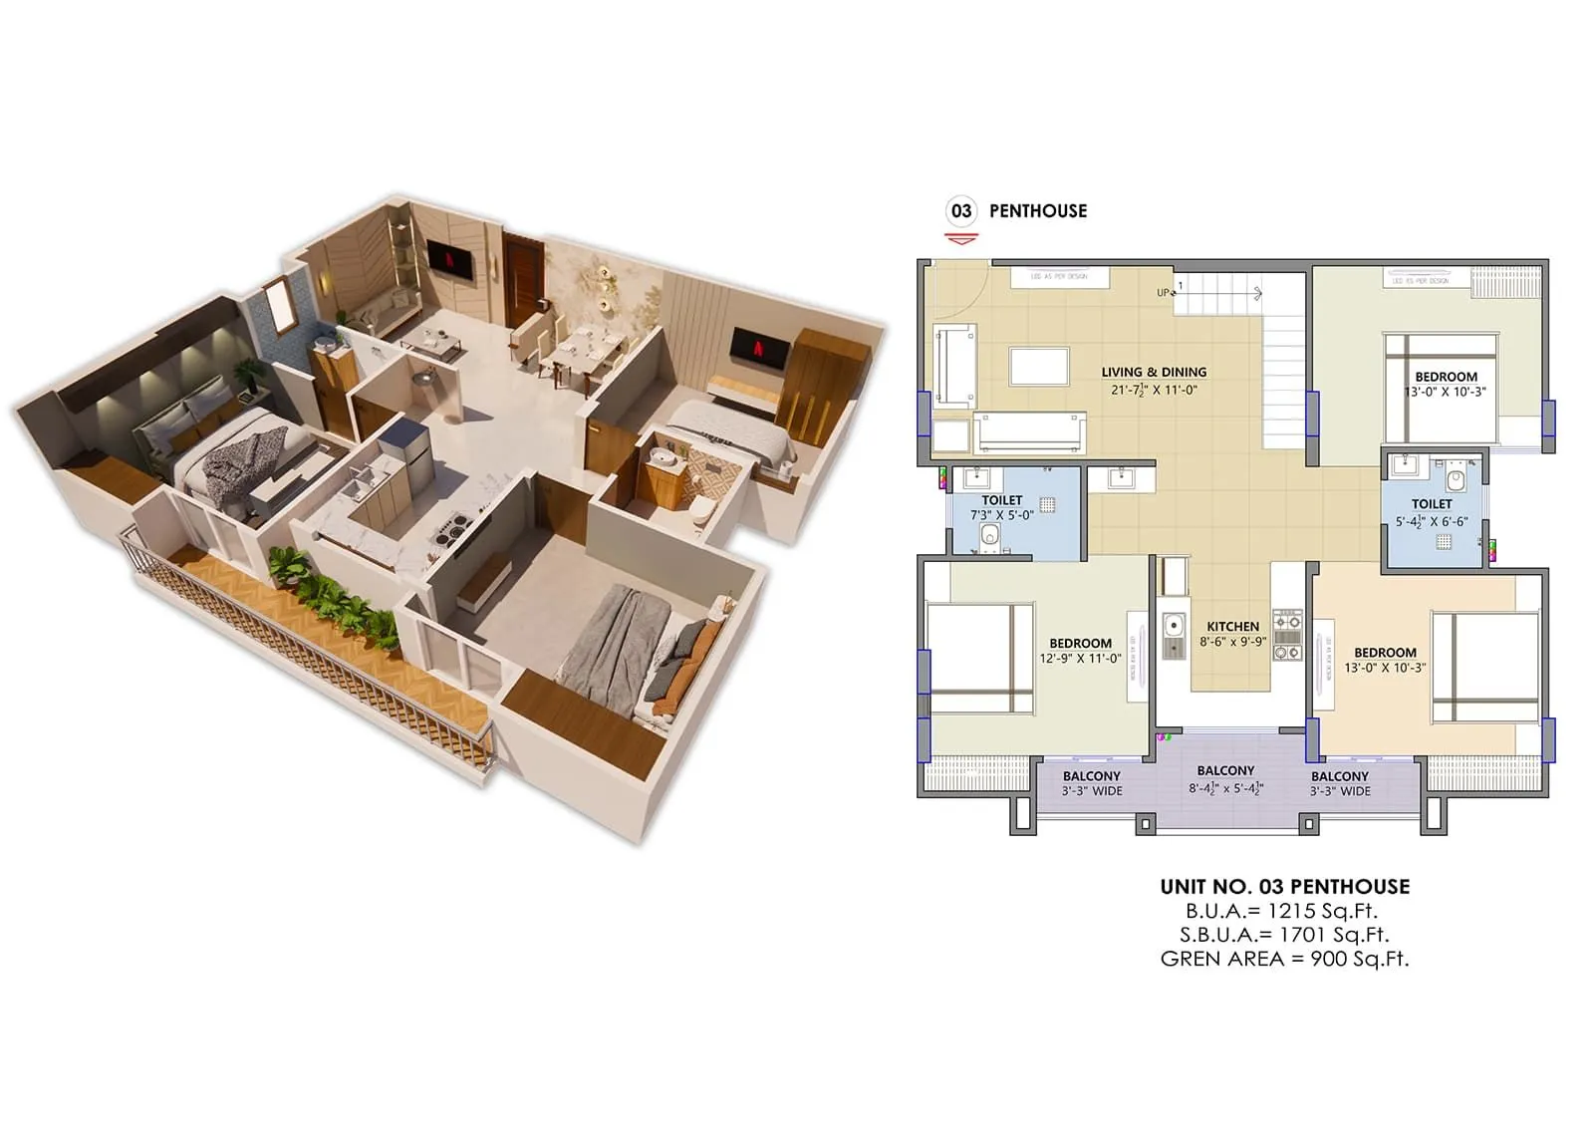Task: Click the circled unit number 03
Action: (x=960, y=210)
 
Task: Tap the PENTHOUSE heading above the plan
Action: (x=1037, y=210)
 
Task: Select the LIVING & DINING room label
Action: (x=1154, y=372)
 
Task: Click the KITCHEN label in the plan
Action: (x=1232, y=627)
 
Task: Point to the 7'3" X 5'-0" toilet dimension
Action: (x=1001, y=515)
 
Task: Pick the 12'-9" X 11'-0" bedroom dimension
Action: (x=1080, y=659)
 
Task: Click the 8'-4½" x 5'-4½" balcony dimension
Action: (x=1225, y=788)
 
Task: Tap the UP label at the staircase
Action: (x=1163, y=293)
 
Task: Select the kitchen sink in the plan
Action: (x=1175, y=627)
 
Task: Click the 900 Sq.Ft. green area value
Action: (x=1360, y=959)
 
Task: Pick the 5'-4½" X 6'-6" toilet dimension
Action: (x=1431, y=521)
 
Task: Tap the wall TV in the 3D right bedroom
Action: (x=760, y=348)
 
